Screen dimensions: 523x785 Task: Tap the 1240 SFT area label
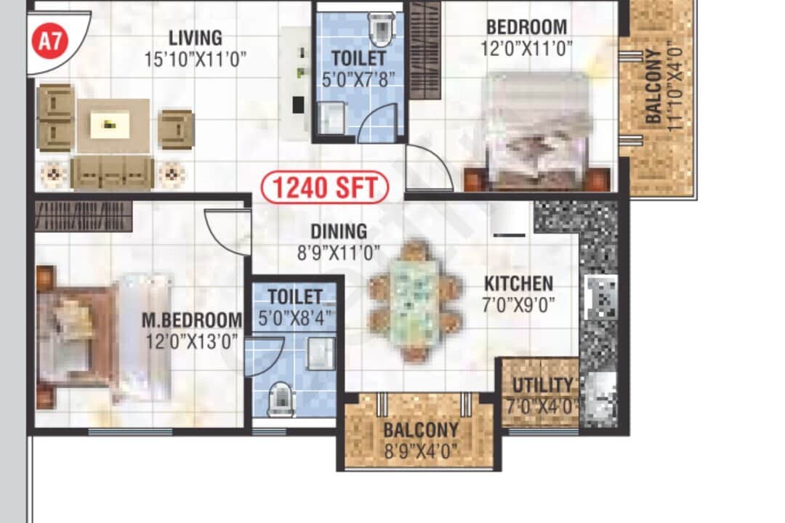tap(325, 187)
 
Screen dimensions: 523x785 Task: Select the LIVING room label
tap(196, 37)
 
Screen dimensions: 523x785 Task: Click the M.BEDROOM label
tap(192, 320)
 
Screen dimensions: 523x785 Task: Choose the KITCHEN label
tap(519, 283)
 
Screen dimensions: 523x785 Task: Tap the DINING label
tap(339, 232)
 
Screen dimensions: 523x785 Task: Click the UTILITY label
tap(542, 385)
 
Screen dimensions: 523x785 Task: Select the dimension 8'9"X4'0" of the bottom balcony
tap(421, 450)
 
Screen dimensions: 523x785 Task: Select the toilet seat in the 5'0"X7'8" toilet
tap(381, 29)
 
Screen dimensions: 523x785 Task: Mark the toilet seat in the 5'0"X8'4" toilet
tap(281, 399)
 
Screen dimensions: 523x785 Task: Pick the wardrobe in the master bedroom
tap(84, 216)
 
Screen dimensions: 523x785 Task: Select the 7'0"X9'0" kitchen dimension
tap(519, 304)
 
